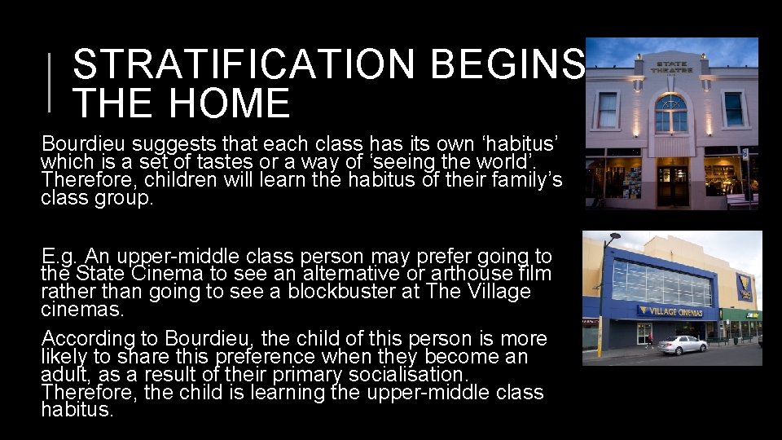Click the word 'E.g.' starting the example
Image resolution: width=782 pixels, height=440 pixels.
click(59, 257)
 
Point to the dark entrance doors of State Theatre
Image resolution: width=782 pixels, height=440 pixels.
click(673, 185)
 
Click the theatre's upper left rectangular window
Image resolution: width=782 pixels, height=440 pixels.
click(608, 110)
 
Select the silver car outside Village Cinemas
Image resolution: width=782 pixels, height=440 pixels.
click(682, 345)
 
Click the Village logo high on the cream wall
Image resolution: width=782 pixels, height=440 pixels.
click(743, 287)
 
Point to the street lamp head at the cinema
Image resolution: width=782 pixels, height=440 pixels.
click(613, 238)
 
